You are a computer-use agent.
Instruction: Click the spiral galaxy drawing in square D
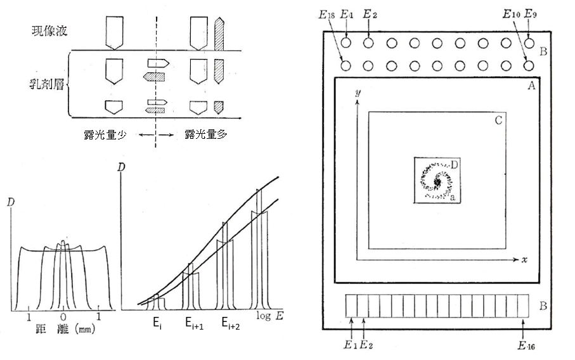pyautogui.click(x=437, y=181)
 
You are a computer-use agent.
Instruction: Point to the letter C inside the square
pyautogui.click(x=500, y=119)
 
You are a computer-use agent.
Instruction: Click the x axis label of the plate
pyautogui.click(x=526, y=260)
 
